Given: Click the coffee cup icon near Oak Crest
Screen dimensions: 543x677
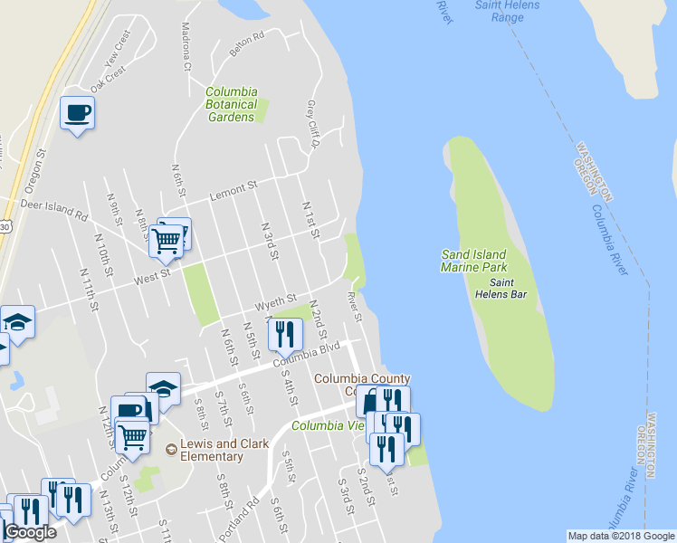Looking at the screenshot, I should [x=77, y=114].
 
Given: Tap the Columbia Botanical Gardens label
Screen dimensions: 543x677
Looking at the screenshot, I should [x=231, y=104].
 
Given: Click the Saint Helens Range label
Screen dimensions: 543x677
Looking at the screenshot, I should [x=508, y=11].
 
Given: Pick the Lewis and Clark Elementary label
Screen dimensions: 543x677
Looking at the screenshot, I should [x=211, y=450].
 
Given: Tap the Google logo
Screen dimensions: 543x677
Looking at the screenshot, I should [x=31, y=532].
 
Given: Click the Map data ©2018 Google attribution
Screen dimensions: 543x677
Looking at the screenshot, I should [x=621, y=536].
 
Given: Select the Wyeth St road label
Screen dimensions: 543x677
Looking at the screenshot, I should [x=276, y=300].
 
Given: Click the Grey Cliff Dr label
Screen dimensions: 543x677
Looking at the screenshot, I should [x=314, y=126].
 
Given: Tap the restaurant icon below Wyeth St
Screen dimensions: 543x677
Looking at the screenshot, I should [x=286, y=335].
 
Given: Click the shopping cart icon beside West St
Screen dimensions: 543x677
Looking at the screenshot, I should [x=167, y=242].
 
